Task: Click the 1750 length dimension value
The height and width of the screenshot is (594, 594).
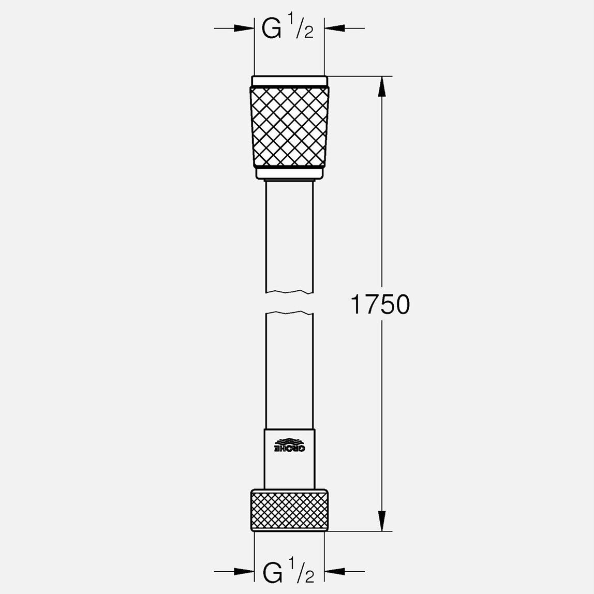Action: pyautogui.click(x=380, y=304)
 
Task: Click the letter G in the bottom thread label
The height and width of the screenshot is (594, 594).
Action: pyautogui.click(x=272, y=572)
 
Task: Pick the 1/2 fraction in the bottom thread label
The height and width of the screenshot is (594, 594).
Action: pyautogui.click(x=302, y=573)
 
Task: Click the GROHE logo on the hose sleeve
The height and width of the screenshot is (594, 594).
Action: pyautogui.click(x=289, y=444)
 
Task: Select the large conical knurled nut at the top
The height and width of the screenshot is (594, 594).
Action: pyautogui.click(x=289, y=127)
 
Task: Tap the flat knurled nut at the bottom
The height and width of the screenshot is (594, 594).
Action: pyautogui.click(x=289, y=509)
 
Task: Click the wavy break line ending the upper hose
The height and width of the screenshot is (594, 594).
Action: pyautogui.click(x=289, y=292)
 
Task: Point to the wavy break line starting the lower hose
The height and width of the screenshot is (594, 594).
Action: pyautogui.click(x=289, y=313)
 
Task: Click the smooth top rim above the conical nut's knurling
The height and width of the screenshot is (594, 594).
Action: pyautogui.click(x=289, y=81)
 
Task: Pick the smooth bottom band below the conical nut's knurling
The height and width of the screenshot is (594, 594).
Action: pyautogui.click(x=289, y=173)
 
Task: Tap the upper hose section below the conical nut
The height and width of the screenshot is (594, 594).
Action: pyautogui.click(x=289, y=233)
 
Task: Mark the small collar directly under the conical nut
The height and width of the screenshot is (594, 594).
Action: pyautogui.click(x=289, y=180)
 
